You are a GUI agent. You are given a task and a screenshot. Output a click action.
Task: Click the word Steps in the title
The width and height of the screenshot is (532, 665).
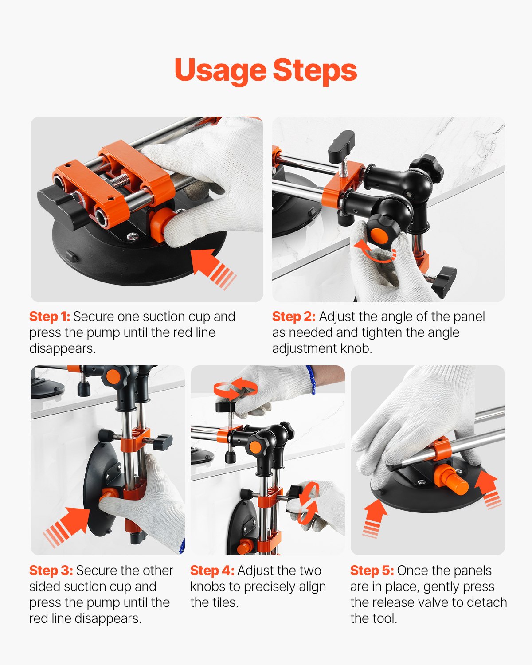[315, 71]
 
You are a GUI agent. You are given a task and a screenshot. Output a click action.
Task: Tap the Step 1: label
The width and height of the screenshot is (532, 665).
[50, 317]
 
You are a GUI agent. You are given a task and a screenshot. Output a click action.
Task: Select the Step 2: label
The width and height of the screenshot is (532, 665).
[293, 317]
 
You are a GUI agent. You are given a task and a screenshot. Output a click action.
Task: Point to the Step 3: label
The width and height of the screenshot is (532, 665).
[51, 571]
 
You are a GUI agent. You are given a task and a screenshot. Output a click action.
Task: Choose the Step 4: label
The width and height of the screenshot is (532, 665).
[212, 571]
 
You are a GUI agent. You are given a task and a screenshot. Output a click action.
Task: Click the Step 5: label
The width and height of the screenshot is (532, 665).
[372, 571]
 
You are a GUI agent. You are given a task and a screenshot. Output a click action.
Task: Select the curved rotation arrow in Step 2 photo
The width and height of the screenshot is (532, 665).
[375, 252]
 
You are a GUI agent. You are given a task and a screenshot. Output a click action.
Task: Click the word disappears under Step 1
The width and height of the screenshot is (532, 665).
[63, 349]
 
